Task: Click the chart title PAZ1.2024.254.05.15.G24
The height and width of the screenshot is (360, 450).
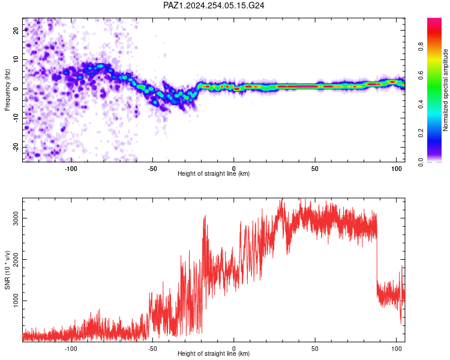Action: coord(214,5)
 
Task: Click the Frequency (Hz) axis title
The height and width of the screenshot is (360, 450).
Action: coord(7,90)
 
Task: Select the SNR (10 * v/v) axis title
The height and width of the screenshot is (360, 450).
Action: coord(7,270)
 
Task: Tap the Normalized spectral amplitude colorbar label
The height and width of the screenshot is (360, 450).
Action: coord(445,90)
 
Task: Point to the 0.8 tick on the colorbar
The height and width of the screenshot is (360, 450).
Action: coord(421,46)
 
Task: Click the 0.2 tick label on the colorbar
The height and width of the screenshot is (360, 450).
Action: coord(421,133)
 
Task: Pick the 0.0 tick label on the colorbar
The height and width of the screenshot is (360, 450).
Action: coord(421,162)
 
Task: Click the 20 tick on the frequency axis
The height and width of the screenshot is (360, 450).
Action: coord(16,30)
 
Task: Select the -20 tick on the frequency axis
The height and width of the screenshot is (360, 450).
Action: coord(16,148)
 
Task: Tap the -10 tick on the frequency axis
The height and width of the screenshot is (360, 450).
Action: coord(16,118)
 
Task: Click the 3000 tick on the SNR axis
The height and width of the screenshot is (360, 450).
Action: coord(16,218)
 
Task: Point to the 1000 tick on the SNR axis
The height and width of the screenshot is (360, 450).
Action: coord(16,301)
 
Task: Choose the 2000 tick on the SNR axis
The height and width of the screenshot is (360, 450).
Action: coord(16,260)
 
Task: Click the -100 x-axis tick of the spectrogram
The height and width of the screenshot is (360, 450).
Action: coord(71,169)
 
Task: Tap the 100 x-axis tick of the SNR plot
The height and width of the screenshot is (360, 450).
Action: coord(397,349)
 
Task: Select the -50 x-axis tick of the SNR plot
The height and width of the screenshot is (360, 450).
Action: coord(152,349)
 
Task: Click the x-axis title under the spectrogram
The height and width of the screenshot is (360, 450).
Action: coord(214,173)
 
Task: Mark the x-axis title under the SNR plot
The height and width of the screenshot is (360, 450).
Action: coord(214,353)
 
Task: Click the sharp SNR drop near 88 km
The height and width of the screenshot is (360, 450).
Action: coord(377,259)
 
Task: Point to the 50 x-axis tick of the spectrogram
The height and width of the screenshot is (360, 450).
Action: coord(315,169)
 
